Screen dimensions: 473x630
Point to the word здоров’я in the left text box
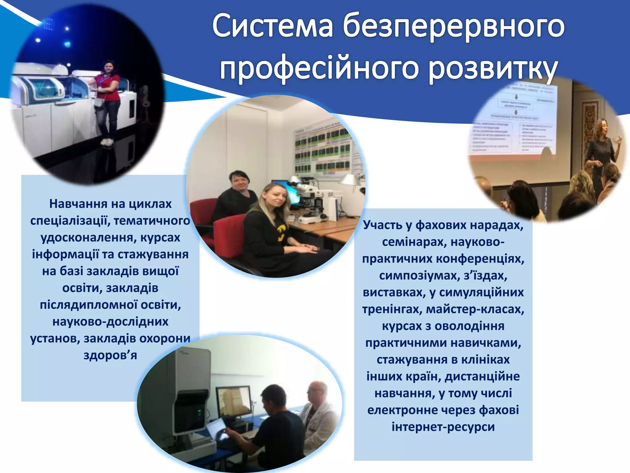pyautogui.click(x=110, y=355)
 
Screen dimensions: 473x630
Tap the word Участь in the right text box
pyautogui.click(x=383, y=225)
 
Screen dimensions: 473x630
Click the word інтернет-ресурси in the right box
pyautogui.click(x=443, y=427)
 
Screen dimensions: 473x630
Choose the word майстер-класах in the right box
pyautogui.click(x=475, y=309)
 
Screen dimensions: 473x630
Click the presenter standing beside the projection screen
pyautogui.click(x=600, y=154)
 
